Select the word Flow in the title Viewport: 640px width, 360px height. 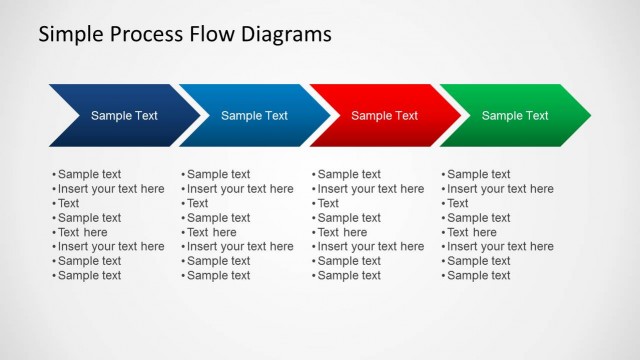click(212, 36)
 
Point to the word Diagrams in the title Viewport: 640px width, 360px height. click(286, 36)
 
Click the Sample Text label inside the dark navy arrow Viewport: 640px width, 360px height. click(124, 116)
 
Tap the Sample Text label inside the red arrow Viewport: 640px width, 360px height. click(384, 116)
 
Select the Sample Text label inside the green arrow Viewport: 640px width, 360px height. click(515, 116)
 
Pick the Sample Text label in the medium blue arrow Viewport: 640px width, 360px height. click(254, 116)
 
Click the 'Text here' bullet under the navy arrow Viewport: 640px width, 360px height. click(82, 232)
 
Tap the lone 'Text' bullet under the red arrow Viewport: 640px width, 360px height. click(328, 203)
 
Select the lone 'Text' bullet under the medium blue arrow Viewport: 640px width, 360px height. click(198, 203)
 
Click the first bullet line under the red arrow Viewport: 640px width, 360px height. click(349, 174)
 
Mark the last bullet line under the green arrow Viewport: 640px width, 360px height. click(478, 275)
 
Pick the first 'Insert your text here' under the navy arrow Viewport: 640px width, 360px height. click(111, 189)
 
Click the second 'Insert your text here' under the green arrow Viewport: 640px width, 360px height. click(500, 246)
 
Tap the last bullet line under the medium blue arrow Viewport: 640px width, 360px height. click(218, 275)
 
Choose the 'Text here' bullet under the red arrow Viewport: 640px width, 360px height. click(342, 232)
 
